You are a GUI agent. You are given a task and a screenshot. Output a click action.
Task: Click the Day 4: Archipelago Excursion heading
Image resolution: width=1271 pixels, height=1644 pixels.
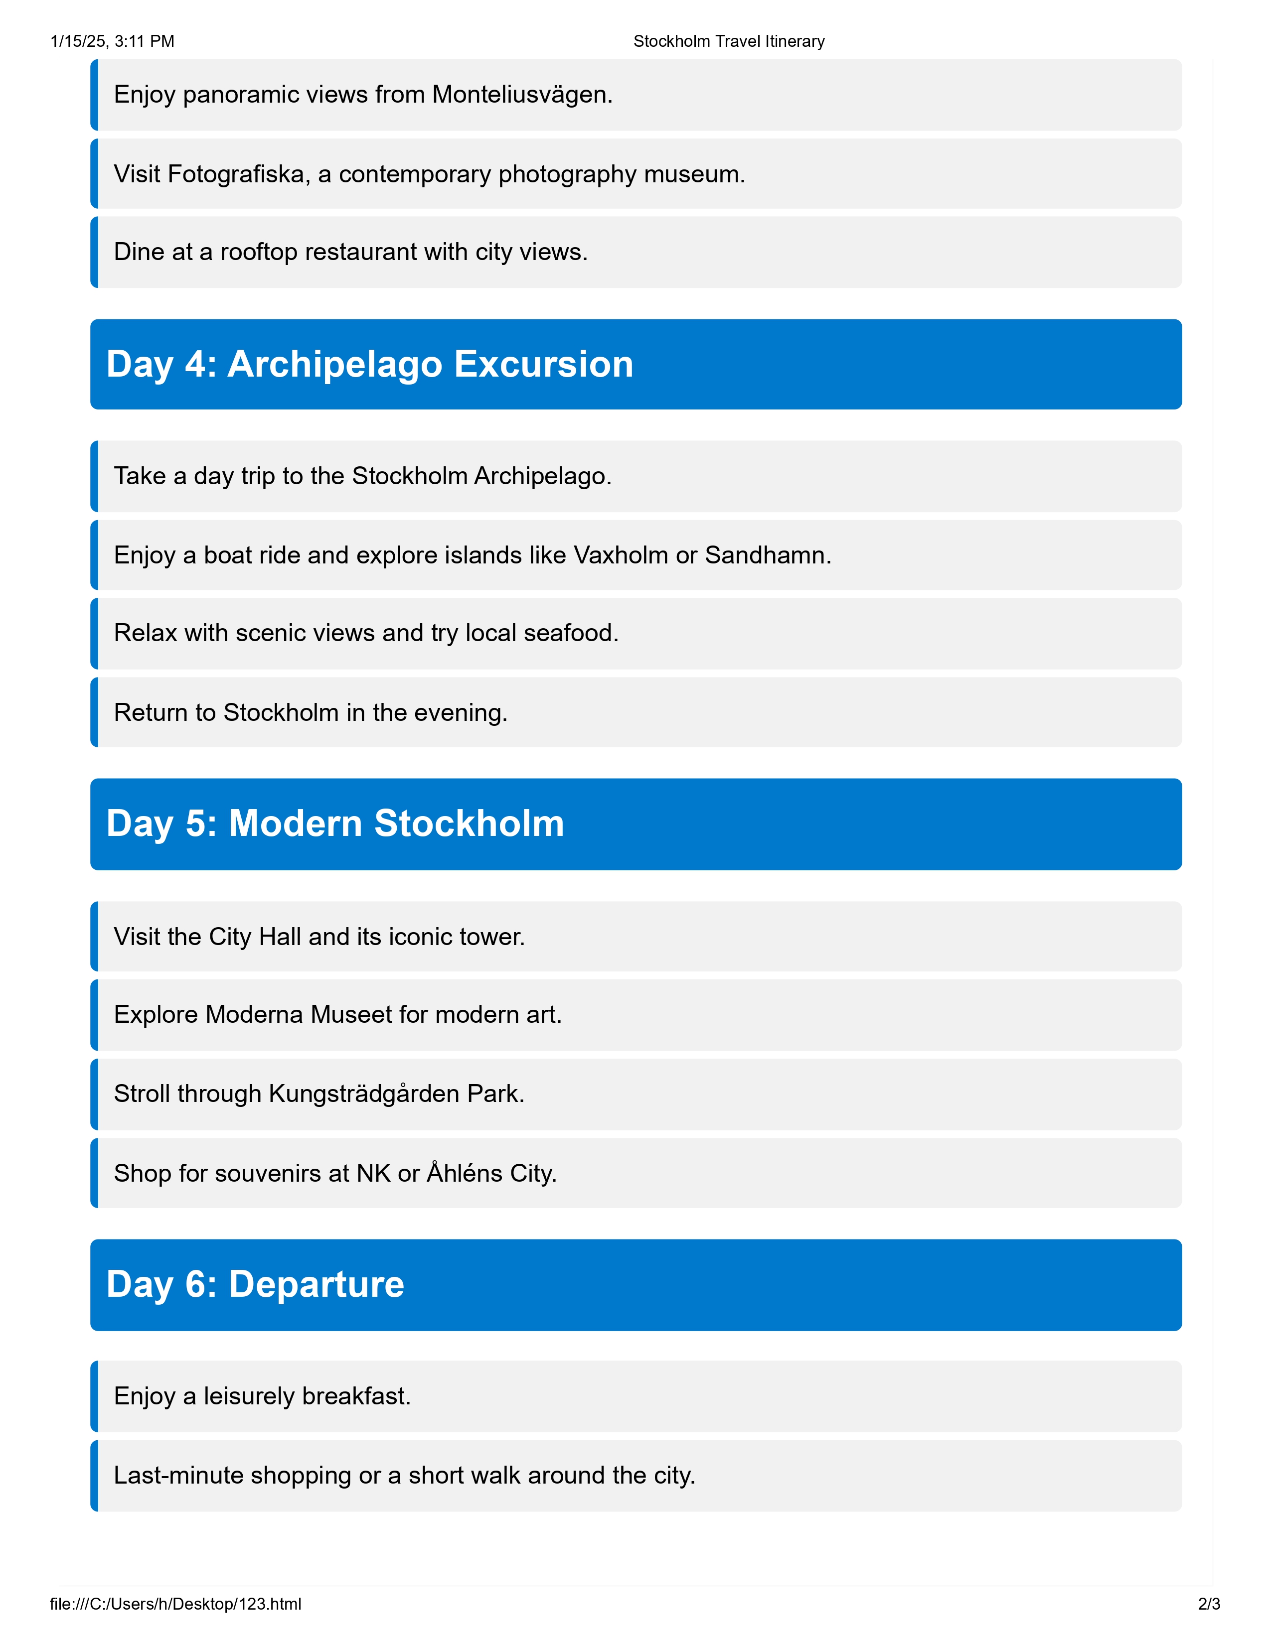pyautogui.click(x=370, y=364)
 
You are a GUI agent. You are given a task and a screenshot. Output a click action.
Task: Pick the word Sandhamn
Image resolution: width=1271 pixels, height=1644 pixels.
pyautogui.click(x=767, y=555)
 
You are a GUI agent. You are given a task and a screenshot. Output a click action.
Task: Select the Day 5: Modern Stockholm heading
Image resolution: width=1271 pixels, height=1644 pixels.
pyautogui.click(x=335, y=823)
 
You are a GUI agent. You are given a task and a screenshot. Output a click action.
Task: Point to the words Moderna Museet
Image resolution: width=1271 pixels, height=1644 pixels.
pyautogui.click(x=298, y=1015)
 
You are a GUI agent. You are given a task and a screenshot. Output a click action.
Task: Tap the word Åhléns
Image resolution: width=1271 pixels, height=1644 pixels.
pyautogui.click(x=465, y=1174)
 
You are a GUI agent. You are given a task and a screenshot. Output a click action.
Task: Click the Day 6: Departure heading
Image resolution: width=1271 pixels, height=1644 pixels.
pyautogui.click(x=255, y=1284)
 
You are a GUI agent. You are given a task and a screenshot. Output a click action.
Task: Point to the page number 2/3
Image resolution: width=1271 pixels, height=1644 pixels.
pyautogui.click(x=1209, y=1604)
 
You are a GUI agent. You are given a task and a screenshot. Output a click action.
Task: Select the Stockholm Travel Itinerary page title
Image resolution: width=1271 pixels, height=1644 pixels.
pyautogui.click(x=729, y=41)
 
